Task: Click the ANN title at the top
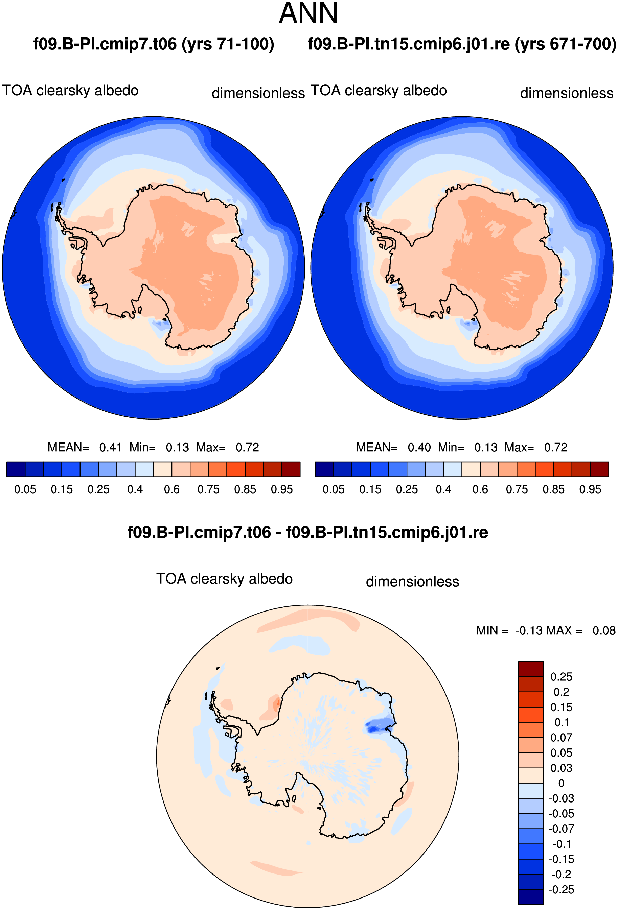point(308,13)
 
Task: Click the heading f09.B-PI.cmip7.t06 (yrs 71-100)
point(154,44)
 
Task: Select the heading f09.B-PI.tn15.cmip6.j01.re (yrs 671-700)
point(462,44)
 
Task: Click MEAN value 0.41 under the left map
point(111,447)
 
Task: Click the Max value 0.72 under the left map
point(247,447)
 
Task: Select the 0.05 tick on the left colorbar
point(25,489)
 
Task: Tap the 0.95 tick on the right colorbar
point(590,489)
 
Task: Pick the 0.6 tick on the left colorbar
point(171,489)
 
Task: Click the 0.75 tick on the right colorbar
point(517,489)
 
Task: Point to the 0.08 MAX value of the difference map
point(604,631)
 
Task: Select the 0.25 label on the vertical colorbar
point(561,677)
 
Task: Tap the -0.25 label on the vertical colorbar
point(561,890)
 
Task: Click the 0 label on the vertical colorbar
point(561,783)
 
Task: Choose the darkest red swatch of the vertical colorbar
point(531,669)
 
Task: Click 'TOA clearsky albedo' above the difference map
point(225,579)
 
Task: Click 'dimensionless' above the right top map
point(567,93)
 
